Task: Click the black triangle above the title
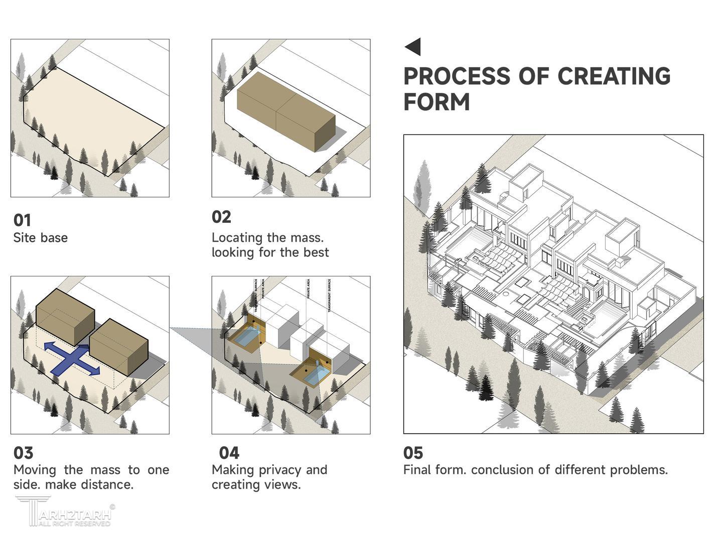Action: pyautogui.click(x=413, y=47)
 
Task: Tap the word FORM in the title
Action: pyautogui.click(x=436, y=102)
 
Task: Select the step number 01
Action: pyautogui.click(x=22, y=220)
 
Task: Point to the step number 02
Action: pyautogui.click(x=221, y=217)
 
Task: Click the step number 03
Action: pyautogui.click(x=23, y=453)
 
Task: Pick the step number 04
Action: pyautogui.click(x=229, y=453)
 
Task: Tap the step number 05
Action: pyautogui.click(x=413, y=453)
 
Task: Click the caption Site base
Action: pyautogui.click(x=40, y=237)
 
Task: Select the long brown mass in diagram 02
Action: pyautogui.click(x=286, y=111)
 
